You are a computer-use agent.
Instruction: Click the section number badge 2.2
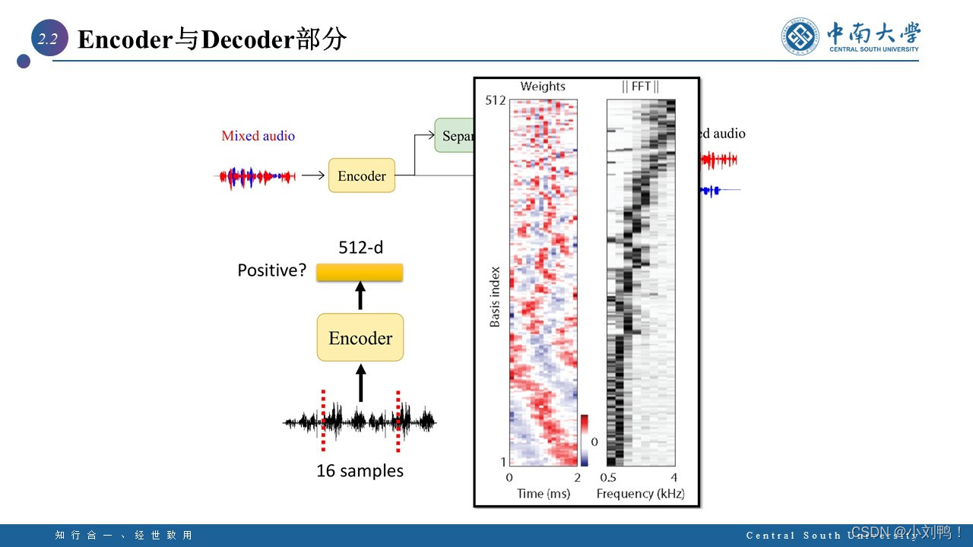tap(49, 39)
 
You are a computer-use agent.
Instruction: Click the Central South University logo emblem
tap(800, 36)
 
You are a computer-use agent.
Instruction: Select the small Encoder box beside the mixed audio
tap(362, 175)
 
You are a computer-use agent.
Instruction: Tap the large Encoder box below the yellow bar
tap(360, 337)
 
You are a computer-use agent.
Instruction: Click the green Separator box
tap(455, 135)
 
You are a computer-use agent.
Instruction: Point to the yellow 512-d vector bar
tap(360, 272)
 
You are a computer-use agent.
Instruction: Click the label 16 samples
tap(360, 471)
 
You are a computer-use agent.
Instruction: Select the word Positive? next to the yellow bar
tap(271, 270)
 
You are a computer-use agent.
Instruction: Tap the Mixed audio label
tap(258, 136)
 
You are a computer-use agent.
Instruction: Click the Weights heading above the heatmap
tap(543, 87)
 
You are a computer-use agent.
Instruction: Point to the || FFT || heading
tap(641, 87)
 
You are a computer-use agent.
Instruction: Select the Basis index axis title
tap(495, 296)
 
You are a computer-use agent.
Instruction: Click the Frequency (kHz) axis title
tap(641, 494)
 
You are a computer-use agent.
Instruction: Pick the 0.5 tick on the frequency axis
tap(608, 477)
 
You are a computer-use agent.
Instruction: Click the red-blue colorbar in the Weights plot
tap(585, 440)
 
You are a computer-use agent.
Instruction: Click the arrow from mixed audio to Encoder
tap(312, 175)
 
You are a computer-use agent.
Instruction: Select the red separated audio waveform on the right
tap(718, 160)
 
